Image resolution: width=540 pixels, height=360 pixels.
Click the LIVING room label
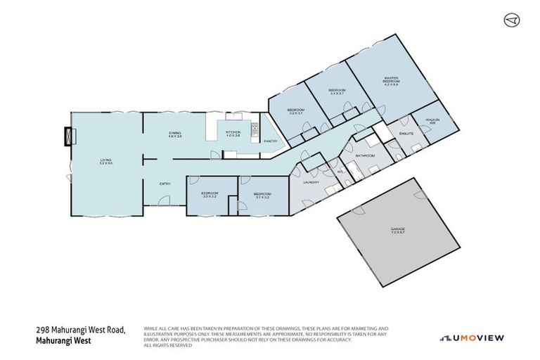click(x=105, y=163)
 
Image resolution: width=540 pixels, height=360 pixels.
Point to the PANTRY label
click(x=270, y=141)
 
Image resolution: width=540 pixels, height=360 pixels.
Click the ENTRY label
click(x=165, y=184)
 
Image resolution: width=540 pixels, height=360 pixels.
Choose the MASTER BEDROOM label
click(x=392, y=80)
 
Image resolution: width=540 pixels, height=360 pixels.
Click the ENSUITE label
click(x=406, y=133)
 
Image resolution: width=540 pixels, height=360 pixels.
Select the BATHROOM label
click(x=365, y=155)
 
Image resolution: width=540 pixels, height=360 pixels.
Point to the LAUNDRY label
click(x=311, y=182)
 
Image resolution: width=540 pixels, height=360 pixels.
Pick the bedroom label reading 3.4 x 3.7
click(x=337, y=92)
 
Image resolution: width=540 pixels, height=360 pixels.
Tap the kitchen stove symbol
click(x=254, y=130)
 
